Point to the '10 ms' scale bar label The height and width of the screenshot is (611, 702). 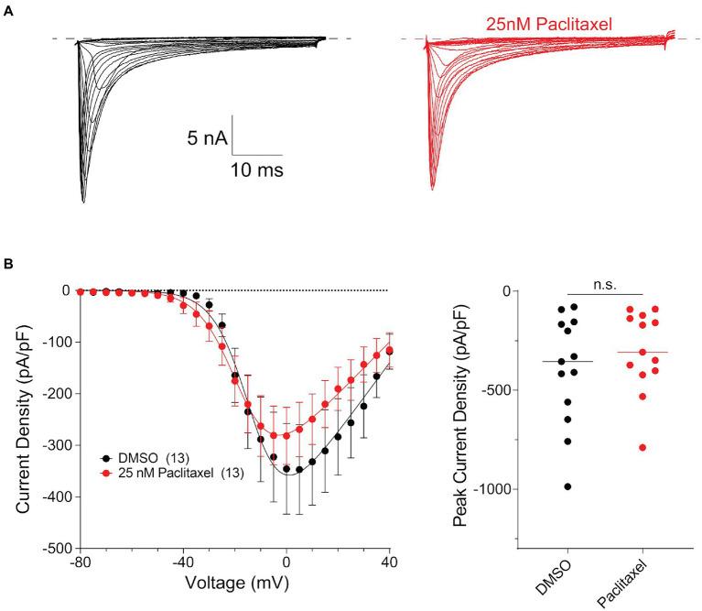(257, 169)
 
